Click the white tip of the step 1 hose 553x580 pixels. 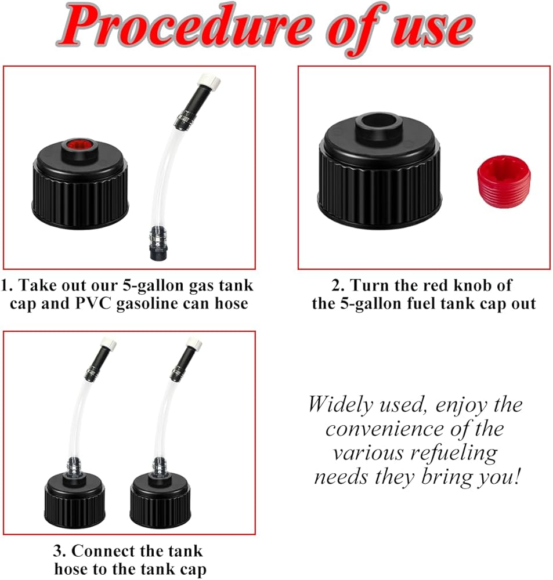pos(209,80)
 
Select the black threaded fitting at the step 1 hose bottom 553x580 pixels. pos(157,244)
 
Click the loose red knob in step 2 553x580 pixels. pos(504,182)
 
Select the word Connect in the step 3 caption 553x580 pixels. pos(102,551)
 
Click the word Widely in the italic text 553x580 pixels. pos(340,404)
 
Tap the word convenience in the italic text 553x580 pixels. pos(384,429)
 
